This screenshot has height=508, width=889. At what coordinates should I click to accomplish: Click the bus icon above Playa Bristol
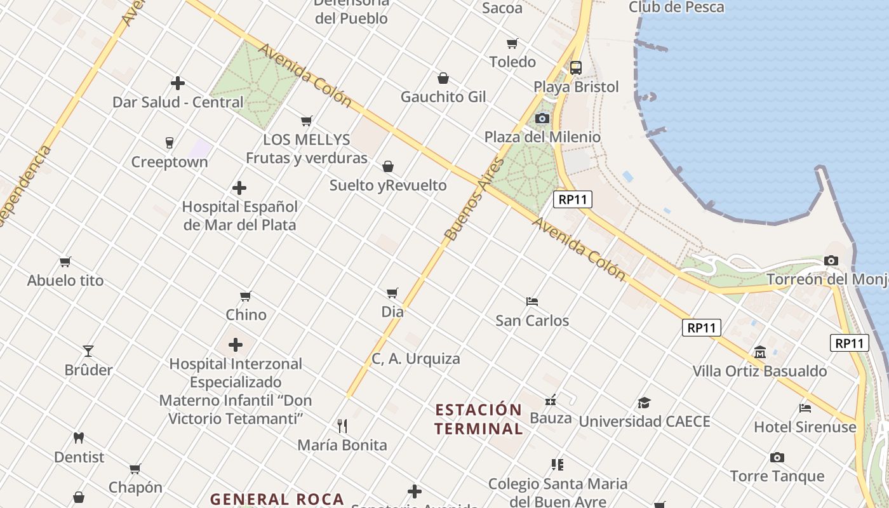(576, 68)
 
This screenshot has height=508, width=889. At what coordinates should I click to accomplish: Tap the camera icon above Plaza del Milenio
(542, 118)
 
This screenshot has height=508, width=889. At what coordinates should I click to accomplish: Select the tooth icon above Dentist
(79, 438)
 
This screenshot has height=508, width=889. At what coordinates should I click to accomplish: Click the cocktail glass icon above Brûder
(88, 351)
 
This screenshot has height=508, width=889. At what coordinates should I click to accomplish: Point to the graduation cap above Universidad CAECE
(644, 403)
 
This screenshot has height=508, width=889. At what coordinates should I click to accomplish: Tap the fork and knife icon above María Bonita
(342, 425)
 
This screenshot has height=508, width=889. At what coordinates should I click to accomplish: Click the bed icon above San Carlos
(532, 301)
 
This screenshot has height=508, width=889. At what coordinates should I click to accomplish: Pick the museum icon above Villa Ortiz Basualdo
(759, 352)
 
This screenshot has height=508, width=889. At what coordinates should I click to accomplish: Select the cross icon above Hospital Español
(239, 188)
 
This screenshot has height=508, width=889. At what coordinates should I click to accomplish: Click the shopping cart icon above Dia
(392, 293)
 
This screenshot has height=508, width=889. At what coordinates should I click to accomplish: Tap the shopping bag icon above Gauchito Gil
(443, 78)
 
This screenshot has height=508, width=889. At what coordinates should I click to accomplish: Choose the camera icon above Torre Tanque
(777, 457)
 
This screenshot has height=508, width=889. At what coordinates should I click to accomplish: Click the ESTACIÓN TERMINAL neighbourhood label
(479, 419)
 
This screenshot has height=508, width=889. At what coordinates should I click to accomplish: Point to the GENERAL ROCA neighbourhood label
(277, 499)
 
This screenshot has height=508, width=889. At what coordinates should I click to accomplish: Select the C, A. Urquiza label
(416, 359)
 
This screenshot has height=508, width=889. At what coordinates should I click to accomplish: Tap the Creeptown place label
(170, 162)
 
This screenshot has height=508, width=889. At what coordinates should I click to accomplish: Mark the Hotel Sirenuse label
(805, 427)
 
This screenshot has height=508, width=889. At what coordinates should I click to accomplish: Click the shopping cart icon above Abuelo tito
(65, 262)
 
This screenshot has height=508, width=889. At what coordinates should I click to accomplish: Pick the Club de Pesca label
(676, 7)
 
